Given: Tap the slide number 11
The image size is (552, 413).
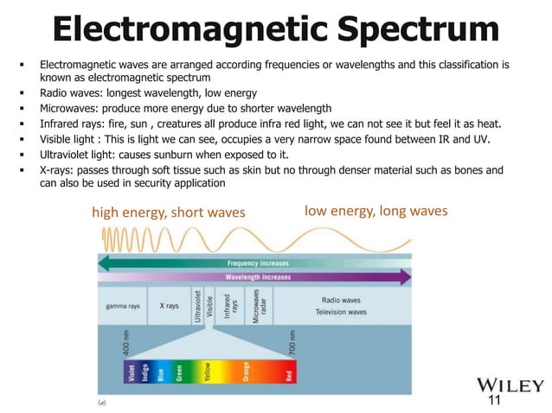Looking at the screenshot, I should click(495, 401).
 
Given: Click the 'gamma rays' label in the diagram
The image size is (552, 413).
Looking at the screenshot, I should click(122, 306).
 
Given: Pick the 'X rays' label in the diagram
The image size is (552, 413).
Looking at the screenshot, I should click(169, 306).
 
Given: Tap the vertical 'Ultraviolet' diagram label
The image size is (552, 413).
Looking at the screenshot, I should click(198, 306).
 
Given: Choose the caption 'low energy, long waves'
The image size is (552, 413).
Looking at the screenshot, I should click(375, 210).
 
